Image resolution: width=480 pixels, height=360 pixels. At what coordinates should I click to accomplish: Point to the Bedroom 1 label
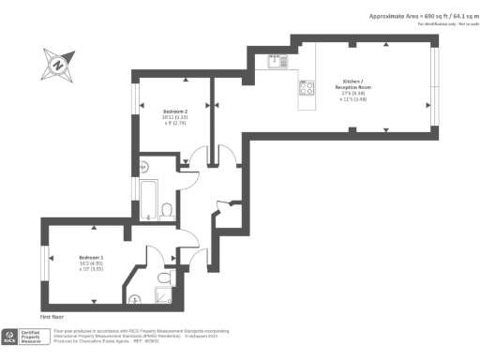coord(91,257)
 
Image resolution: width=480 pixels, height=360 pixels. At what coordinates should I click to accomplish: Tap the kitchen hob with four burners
coord(306,90)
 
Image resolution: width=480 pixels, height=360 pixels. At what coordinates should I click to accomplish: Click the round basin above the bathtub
coord(143,168)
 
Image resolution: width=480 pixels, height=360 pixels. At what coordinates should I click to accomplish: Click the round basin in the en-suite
coord(135,300)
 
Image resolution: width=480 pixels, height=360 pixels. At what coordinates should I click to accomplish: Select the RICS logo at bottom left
coord(10,336)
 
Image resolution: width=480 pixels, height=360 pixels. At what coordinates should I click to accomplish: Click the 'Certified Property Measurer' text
coord(32,336)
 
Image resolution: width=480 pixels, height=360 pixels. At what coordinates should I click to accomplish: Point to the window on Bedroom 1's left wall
coord(44,262)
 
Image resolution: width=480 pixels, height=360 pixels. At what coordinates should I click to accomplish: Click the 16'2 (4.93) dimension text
coord(91,262)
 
